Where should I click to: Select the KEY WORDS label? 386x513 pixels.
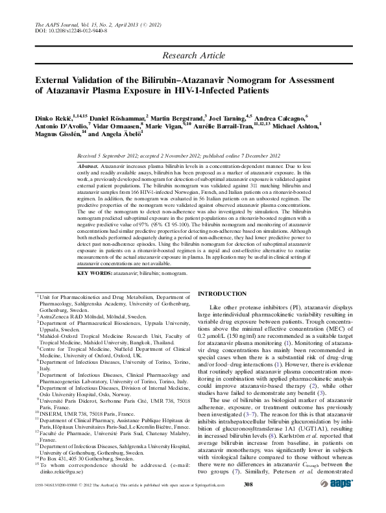[96, 274]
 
